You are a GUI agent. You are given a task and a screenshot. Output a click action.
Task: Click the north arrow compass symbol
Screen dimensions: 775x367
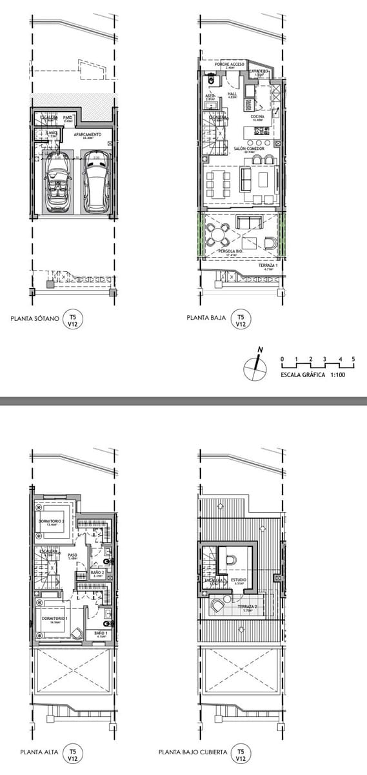(x=255, y=369)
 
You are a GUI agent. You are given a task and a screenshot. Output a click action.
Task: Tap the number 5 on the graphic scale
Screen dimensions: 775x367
(x=353, y=358)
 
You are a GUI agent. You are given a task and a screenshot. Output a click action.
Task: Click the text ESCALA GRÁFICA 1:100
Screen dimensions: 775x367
(x=313, y=374)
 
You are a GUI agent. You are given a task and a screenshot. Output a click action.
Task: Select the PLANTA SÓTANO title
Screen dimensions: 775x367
(x=35, y=318)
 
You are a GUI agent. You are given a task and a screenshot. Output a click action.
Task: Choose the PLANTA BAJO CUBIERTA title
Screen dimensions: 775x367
(x=191, y=752)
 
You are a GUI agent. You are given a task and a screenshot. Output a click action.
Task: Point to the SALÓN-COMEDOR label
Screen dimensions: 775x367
(x=249, y=148)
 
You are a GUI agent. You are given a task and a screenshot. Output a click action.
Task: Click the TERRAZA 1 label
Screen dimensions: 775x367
(x=267, y=265)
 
